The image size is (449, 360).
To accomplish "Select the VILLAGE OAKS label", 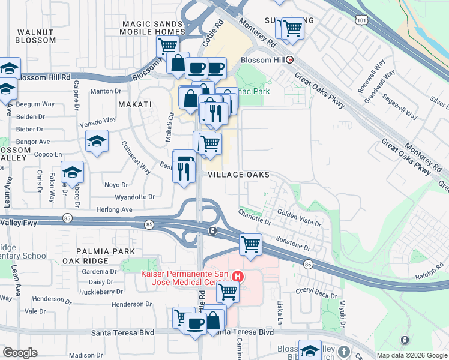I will [x=238, y=175].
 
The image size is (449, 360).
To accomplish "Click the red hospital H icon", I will [x=238, y=277].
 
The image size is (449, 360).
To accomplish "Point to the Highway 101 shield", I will [x=361, y=20].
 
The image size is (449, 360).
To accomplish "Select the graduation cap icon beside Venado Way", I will [x=97, y=141].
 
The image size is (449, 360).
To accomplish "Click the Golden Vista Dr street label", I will [x=299, y=217].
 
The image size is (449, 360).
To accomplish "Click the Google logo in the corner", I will [x=20, y=353].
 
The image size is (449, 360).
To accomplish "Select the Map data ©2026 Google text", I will [x=412, y=355].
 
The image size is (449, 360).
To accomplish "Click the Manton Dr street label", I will [x=105, y=91].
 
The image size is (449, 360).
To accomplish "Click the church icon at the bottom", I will [x=343, y=352].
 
